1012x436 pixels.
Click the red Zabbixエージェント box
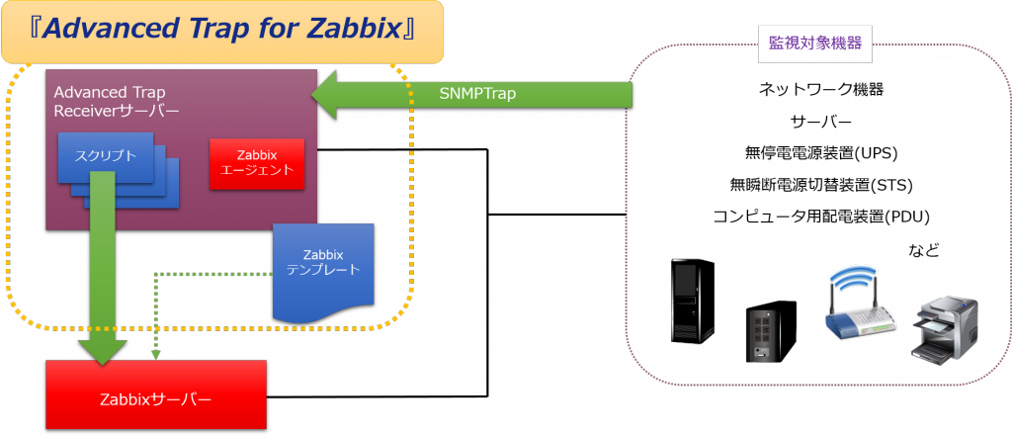click(257, 163)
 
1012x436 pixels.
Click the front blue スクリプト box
click(106, 157)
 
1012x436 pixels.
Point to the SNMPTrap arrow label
click(477, 94)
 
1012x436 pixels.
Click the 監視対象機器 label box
click(814, 44)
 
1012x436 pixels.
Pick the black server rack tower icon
click(692, 301)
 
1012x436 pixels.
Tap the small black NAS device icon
click(762, 336)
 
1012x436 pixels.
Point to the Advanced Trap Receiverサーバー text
click(116, 101)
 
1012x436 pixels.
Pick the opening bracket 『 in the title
click(28, 30)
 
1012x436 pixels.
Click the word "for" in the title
click(272, 30)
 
